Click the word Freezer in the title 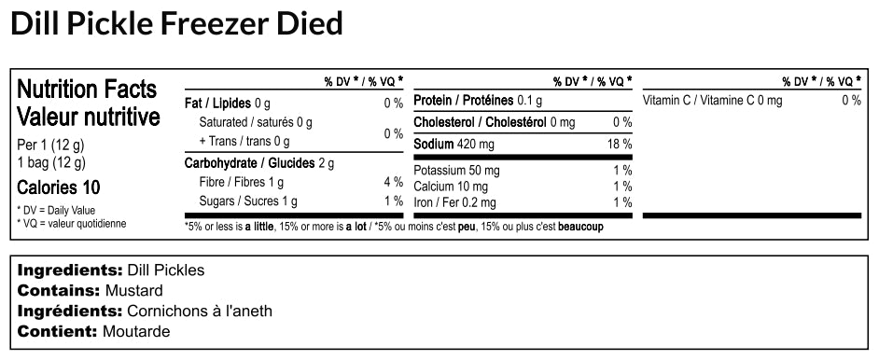click(214, 22)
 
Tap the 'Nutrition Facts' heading click(88, 90)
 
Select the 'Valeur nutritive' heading click(89, 118)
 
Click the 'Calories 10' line click(59, 187)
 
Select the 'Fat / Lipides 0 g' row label click(228, 102)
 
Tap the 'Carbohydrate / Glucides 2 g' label click(258, 163)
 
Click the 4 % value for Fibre click(392, 182)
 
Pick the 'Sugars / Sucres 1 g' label click(248, 201)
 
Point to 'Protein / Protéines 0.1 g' click(478, 101)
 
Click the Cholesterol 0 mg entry click(494, 122)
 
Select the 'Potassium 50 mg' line click(456, 171)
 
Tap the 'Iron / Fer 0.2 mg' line click(455, 202)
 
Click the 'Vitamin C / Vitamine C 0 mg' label click(713, 101)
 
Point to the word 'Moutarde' click(137, 331)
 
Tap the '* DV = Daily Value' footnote click(56, 210)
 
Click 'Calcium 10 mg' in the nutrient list click(451, 187)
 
